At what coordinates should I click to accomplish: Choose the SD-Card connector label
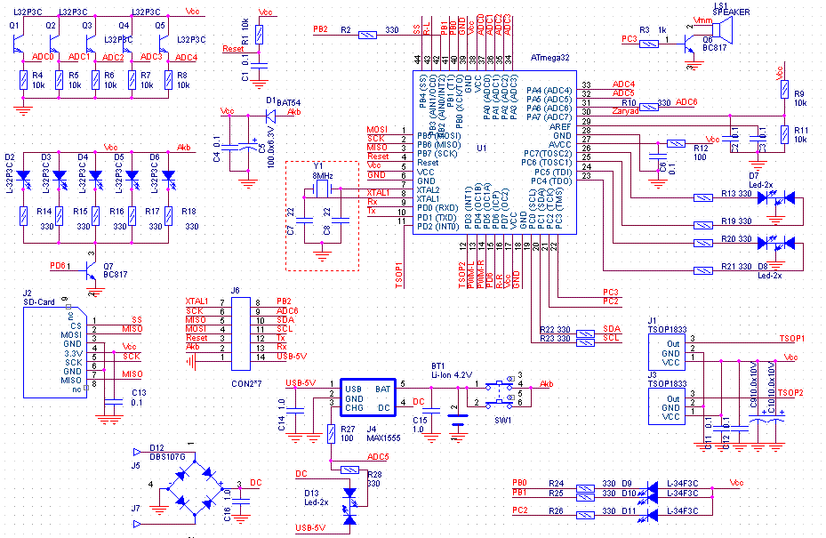tap(38, 302)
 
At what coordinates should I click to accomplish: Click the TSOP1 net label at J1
tap(790, 339)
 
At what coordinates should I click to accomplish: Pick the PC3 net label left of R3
tap(628, 39)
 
